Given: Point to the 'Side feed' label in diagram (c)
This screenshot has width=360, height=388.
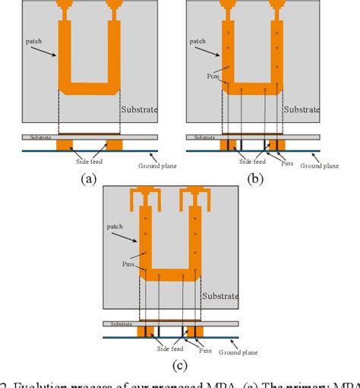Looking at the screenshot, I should pos(161,345).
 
